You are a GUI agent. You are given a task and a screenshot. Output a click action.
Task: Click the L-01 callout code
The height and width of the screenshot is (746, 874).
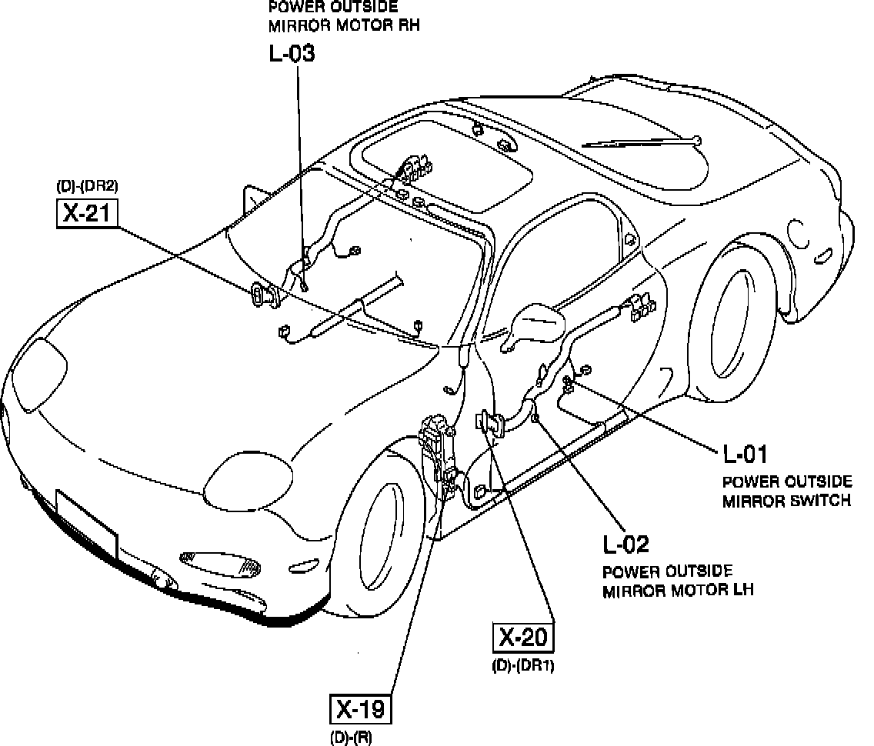(x=745, y=455)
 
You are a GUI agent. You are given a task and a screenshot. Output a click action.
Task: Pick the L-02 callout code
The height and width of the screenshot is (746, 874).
(x=625, y=545)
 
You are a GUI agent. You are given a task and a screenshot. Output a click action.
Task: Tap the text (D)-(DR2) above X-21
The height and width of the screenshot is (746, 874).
(x=87, y=186)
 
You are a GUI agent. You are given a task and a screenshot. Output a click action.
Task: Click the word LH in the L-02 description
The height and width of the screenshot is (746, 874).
(x=742, y=591)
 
